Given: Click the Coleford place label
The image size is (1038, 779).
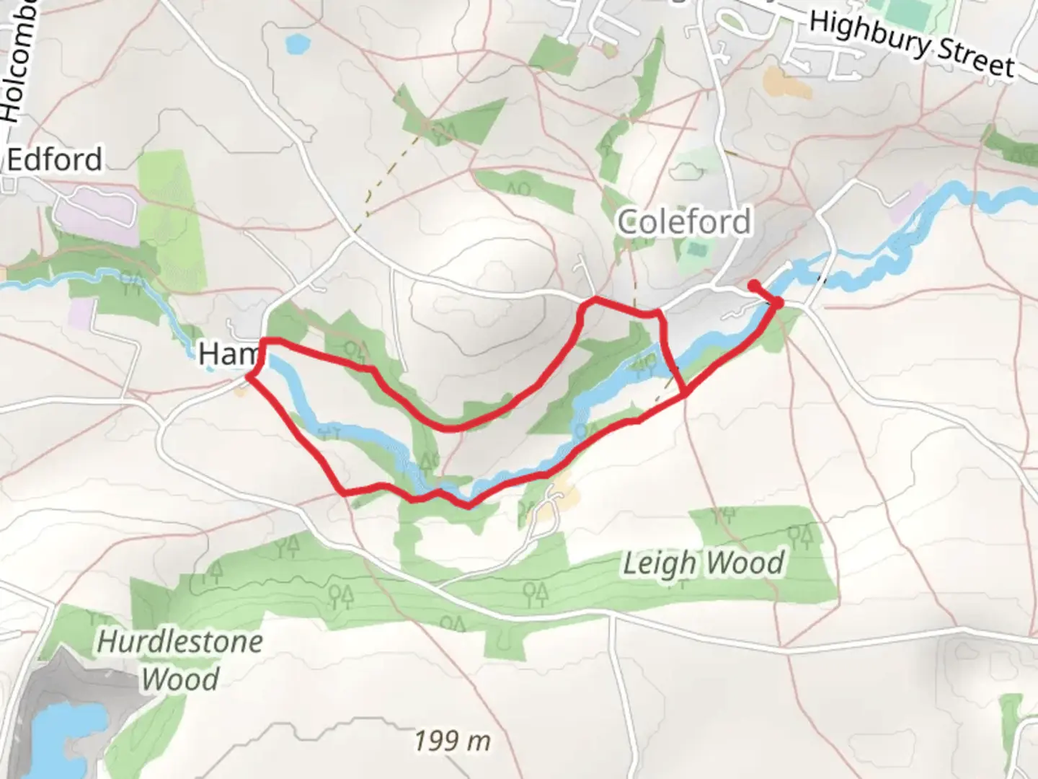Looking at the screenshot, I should [x=684, y=221].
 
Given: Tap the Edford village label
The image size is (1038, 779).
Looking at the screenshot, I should [x=55, y=159].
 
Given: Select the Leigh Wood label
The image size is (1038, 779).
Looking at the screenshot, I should [x=703, y=563].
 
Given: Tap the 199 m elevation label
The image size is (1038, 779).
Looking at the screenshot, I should [x=453, y=740].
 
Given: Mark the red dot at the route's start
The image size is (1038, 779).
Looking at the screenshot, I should [x=753, y=285].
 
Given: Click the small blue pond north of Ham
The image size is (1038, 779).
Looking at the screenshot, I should [x=296, y=45].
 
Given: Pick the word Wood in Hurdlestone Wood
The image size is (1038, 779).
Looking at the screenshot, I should [x=180, y=679].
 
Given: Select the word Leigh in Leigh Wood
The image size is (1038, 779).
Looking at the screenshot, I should [x=659, y=563].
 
